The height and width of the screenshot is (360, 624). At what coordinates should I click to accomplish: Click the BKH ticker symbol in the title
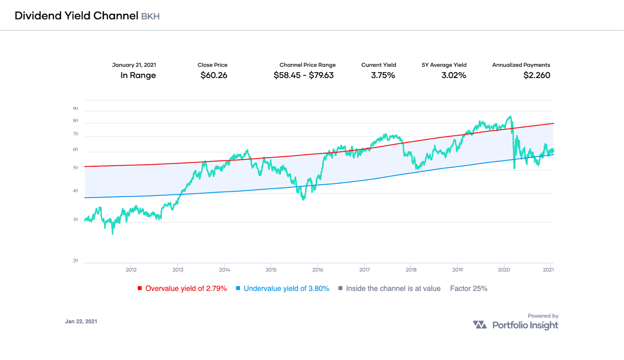(150, 16)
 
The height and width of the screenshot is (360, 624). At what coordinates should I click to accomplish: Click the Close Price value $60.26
(214, 75)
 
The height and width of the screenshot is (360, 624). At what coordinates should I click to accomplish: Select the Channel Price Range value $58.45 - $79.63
(304, 75)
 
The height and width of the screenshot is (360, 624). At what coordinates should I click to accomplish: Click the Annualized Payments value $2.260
(537, 75)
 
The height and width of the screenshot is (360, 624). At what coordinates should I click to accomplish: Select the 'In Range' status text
(138, 75)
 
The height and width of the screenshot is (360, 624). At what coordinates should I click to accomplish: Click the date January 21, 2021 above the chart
(134, 65)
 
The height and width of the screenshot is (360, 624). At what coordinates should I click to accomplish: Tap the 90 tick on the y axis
(76, 108)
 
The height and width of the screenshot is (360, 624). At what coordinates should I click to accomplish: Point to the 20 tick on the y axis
(76, 260)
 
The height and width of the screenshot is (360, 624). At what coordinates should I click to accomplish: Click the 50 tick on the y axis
(76, 168)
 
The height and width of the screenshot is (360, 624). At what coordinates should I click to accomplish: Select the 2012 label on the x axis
(131, 270)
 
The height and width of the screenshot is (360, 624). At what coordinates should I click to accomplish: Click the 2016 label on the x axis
(318, 270)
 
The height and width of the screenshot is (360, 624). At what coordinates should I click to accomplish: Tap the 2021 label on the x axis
(548, 270)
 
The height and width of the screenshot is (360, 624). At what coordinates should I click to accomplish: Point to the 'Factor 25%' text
(468, 288)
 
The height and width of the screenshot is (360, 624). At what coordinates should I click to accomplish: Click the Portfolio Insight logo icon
(480, 325)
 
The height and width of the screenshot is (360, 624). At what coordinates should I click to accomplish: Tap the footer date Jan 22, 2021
(81, 321)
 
